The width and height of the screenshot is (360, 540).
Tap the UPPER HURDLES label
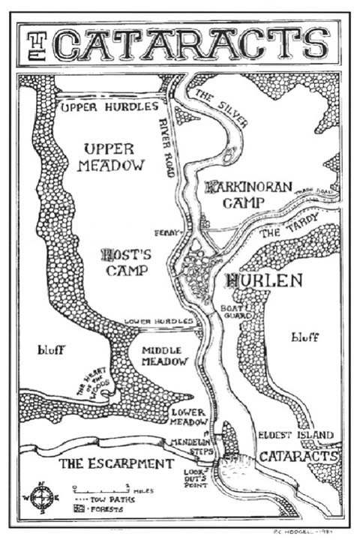click(109, 107)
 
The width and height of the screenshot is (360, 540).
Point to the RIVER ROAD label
click(168, 147)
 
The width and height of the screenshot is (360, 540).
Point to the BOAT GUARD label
click(230, 311)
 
